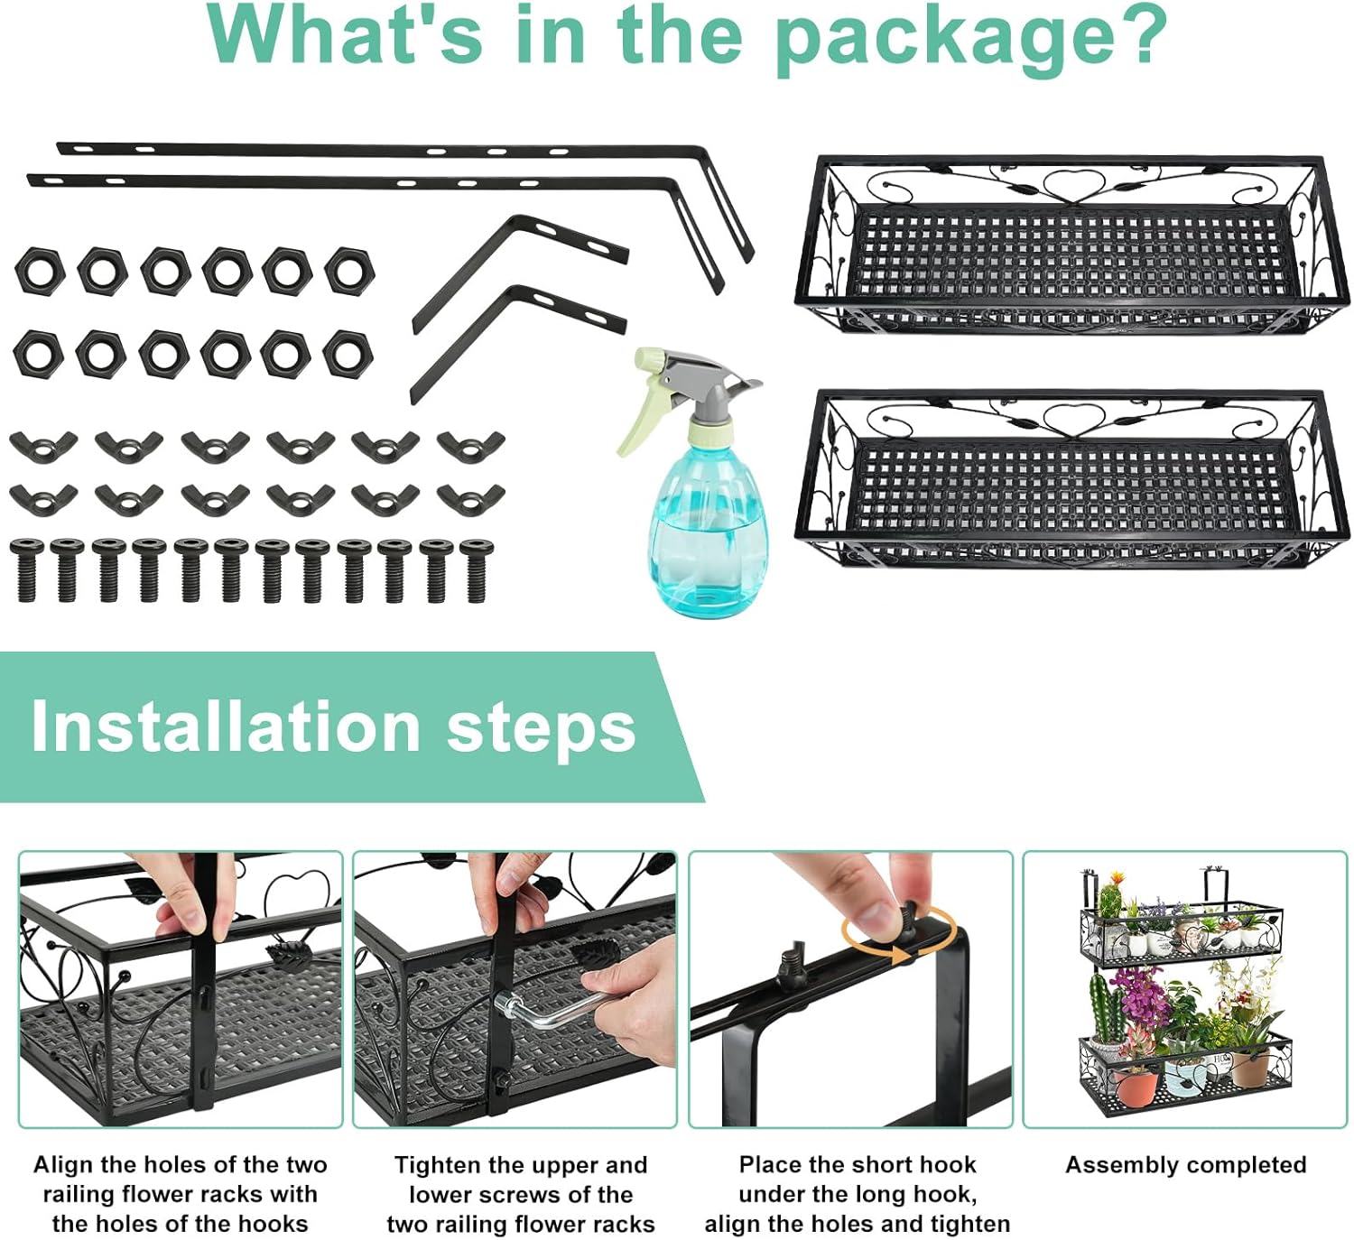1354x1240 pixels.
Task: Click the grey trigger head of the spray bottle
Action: (x=702, y=387)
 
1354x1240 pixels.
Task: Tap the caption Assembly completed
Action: (x=1186, y=1164)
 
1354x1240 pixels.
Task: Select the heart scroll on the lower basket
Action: (x=1074, y=420)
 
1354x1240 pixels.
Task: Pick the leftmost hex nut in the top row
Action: (x=40, y=272)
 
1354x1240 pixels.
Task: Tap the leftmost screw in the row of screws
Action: (x=27, y=569)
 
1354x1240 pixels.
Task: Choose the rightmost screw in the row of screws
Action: (x=476, y=569)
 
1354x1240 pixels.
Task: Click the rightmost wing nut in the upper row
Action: (x=470, y=446)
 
